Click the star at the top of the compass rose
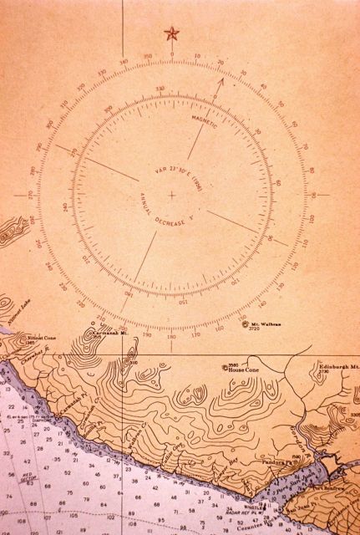click(172, 33)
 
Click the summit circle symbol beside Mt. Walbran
click(246, 324)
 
